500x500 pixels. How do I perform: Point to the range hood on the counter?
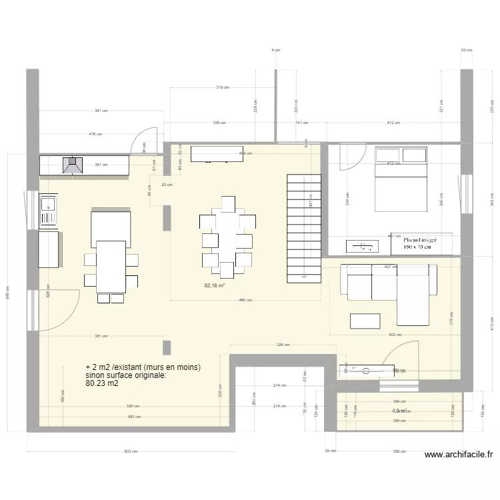(x=71, y=165)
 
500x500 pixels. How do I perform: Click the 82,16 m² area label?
(x=214, y=285)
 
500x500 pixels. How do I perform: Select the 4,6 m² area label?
(x=401, y=411)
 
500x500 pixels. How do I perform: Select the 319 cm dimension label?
(x=223, y=87)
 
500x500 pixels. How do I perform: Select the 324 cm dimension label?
(x=282, y=345)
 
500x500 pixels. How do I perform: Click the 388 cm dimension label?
(x=399, y=451)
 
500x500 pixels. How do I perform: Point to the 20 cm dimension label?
(x=167, y=185)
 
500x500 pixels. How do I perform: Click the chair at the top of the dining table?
(x=228, y=203)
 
